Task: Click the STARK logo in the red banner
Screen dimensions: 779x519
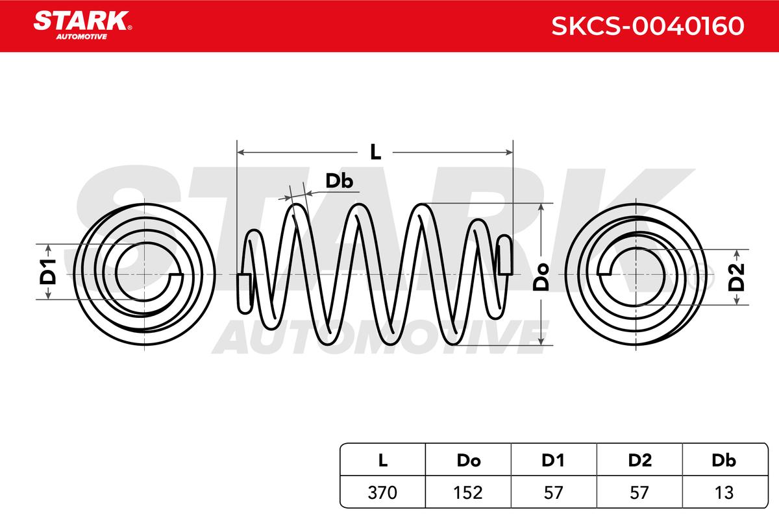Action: click(82, 25)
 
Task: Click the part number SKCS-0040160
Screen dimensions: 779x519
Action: click(648, 26)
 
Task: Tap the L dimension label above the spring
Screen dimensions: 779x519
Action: click(376, 152)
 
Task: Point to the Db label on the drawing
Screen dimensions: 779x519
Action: click(339, 181)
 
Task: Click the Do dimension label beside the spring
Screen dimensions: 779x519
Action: click(541, 277)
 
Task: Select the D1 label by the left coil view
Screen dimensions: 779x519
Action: click(48, 272)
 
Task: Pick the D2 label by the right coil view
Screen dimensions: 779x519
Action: click(736, 277)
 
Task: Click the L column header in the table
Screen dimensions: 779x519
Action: click(382, 460)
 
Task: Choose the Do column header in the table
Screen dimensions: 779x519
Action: click(469, 460)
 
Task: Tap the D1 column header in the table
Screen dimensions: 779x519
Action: click(552, 460)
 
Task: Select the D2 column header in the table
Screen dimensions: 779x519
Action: click(640, 460)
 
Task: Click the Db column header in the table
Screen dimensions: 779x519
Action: click(724, 460)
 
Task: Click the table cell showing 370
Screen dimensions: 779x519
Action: click(382, 492)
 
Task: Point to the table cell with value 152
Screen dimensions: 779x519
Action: click(468, 492)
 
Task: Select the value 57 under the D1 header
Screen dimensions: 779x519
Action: click(553, 492)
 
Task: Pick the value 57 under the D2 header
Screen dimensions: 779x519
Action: click(639, 492)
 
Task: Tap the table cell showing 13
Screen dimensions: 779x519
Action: click(724, 492)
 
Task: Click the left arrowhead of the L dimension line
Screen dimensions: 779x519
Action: click(240, 152)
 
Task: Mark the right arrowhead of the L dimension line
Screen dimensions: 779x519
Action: click(509, 152)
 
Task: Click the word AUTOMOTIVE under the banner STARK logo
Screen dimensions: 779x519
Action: click(81, 37)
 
